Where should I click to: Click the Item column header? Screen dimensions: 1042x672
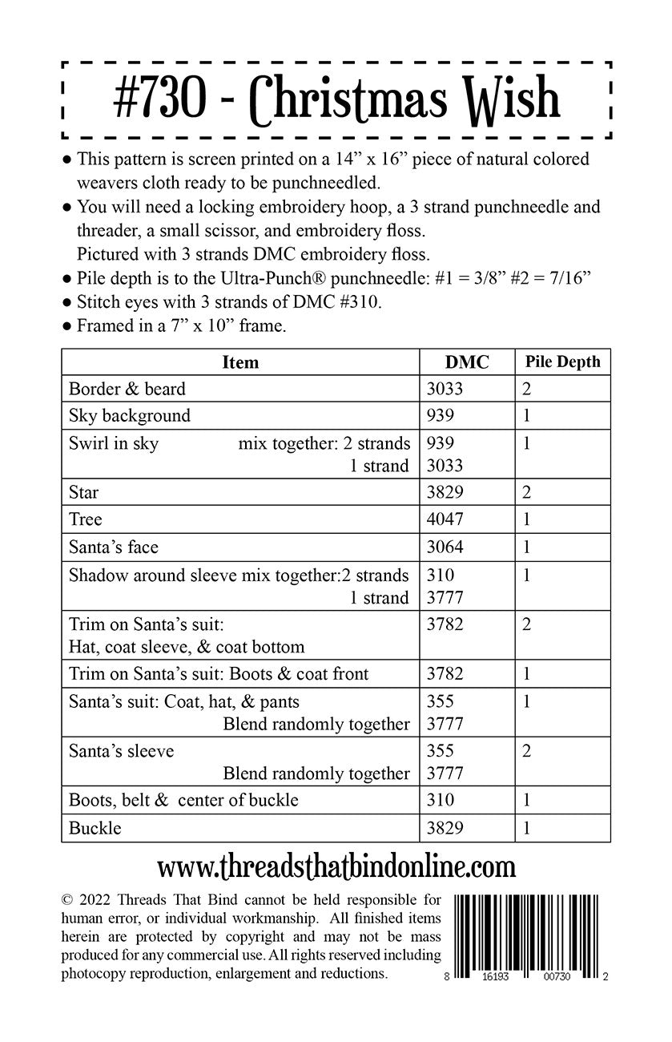click(240, 362)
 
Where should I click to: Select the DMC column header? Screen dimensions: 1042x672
click(467, 362)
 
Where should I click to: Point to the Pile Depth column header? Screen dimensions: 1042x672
click(562, 361)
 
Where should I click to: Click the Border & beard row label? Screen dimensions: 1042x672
click(127, 389)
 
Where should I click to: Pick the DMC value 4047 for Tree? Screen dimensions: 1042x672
click(445, 519)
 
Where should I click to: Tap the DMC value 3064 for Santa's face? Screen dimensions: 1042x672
click(445, 547)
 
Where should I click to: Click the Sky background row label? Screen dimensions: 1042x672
click(130, 415)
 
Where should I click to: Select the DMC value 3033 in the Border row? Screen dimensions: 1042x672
click(445, 389)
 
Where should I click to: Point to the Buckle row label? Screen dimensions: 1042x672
click(95, 828)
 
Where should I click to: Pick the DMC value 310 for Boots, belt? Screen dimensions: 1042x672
click(441, 799)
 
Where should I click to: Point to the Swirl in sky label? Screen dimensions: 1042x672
click(114, 443)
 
